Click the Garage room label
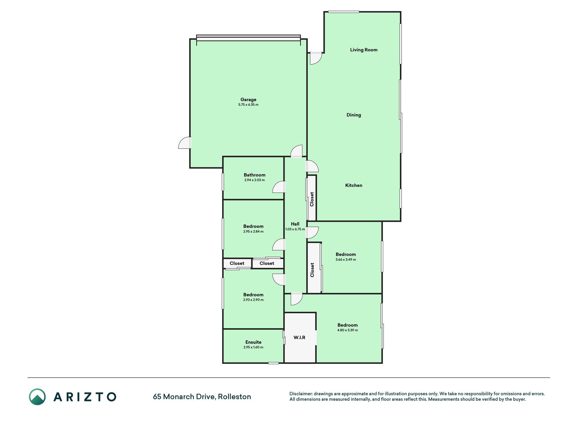tap(248, 100)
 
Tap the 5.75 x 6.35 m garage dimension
tap(248, 105)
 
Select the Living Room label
tap(364, 50)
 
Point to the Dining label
tap(354, 115)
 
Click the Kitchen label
tap(354, 185)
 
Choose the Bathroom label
tap(254, 175)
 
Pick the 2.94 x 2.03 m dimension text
tap(254, 180)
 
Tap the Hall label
tap(295, 224)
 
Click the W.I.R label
tap(300, 337)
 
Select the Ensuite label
tap(253, 342)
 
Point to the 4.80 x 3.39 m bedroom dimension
tap(347, 330)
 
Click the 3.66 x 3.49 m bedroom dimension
tap(346, 260)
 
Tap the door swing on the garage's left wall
tap(185, 143)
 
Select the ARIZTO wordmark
tap(85, 397)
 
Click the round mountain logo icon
tap(37, 397)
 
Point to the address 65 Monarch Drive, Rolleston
tap(202, 397)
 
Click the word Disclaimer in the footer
tap(301, 394)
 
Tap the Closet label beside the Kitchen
tap(312, 199)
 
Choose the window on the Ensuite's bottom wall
tap(273, 363)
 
